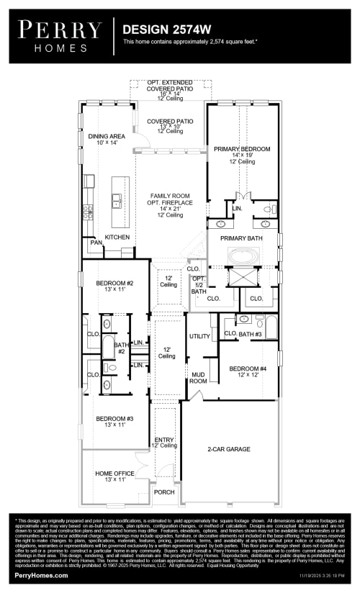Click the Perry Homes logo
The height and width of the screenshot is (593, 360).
pos(60,35)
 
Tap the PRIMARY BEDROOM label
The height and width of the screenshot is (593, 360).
pos(242,149)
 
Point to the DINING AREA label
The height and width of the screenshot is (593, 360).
pos(107,136)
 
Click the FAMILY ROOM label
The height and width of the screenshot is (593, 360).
pos(170,196)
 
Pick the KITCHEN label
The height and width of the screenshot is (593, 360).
pos(117,237)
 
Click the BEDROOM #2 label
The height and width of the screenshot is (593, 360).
pos(114,284)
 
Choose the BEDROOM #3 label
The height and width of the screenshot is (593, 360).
pos(114,418)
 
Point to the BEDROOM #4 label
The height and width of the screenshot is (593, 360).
pos(248,369)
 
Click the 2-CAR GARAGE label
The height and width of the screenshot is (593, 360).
pos(229,448)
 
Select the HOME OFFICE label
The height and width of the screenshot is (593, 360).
pos(114,473)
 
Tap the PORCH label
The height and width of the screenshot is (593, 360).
pos(163,492)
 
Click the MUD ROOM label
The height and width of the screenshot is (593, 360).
pos(199,377)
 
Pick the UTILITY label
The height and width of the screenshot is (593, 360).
pos(199,336)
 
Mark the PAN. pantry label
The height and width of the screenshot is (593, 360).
pos(95,243)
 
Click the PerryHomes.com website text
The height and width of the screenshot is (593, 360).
pos(41,575)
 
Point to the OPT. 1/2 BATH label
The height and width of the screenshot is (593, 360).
pos(199,285)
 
